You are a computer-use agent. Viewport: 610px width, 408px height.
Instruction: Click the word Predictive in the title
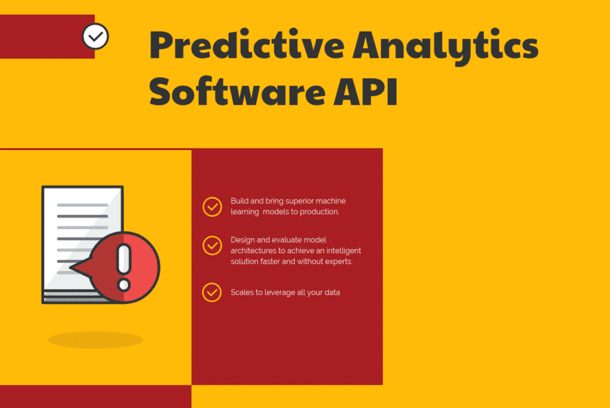click(x=247, y=45)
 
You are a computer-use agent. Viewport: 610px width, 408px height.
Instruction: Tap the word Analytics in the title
click(x=446, y=46)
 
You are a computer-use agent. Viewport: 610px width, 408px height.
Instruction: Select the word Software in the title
click(x=237, y=92)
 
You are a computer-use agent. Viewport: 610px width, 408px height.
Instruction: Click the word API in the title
click(x=366, y=92)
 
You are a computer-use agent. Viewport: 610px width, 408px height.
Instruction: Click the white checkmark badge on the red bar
click(x=95, y=36)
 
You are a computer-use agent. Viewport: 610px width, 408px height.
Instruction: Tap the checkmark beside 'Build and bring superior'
click(x=213, y=207)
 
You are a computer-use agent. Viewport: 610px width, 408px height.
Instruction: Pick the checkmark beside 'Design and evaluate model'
click(x=213, y=245)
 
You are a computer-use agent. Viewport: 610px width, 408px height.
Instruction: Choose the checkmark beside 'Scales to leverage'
click(x=212, y=292)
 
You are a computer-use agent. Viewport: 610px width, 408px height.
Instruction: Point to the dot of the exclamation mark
click(x=124, y=285)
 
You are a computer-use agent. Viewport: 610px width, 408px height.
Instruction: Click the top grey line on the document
click(x=82, y=205)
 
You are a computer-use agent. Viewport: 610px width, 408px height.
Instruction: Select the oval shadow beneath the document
click(x=95, y=340)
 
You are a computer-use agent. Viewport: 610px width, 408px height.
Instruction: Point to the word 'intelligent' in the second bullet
click(x=344, y=251)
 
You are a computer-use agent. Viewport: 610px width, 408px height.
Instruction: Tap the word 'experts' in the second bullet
click(x=338, y=261)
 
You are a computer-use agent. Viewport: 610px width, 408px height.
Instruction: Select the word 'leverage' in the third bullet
click(x=279, y=292)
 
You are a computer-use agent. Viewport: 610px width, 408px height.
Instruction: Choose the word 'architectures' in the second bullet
click(x=253, y=251)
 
